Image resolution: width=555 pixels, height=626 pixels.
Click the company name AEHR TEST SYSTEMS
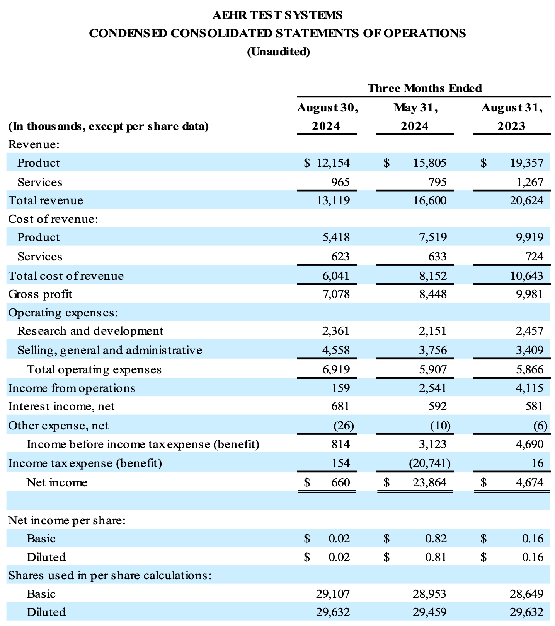tap(277, 15)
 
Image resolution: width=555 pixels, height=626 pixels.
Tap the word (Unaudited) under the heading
tap(278, 51)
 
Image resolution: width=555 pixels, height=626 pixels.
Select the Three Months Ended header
tap(424, 88)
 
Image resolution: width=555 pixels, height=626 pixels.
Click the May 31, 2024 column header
tap(415, 117)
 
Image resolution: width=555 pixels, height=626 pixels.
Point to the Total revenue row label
tap(46, 200)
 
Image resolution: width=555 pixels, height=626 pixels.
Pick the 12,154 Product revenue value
tap(333, 163)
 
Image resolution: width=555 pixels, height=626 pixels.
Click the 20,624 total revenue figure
tap(526, 200)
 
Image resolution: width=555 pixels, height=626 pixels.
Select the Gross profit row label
tap(40, 294)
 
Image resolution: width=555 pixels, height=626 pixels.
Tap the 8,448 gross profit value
tap(432, 294)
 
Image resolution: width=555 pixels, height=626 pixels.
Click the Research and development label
tap(90, 331)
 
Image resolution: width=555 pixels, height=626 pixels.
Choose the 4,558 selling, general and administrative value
tap(336, 350)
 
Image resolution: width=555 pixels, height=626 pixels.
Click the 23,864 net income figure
tap(429, 482)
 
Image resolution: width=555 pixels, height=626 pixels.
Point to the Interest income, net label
tap(61, 406)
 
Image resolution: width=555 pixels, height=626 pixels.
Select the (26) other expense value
tap(343, 426)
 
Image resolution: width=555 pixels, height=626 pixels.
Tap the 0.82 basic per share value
tap(436, 539)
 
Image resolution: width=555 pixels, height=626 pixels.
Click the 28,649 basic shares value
tap(526, 594)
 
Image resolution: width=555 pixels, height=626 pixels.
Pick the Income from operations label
tap(72, 388)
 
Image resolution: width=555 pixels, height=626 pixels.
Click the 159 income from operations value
tap(340, 388)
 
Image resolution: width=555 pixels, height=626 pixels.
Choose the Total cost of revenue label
tap(66, 276)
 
